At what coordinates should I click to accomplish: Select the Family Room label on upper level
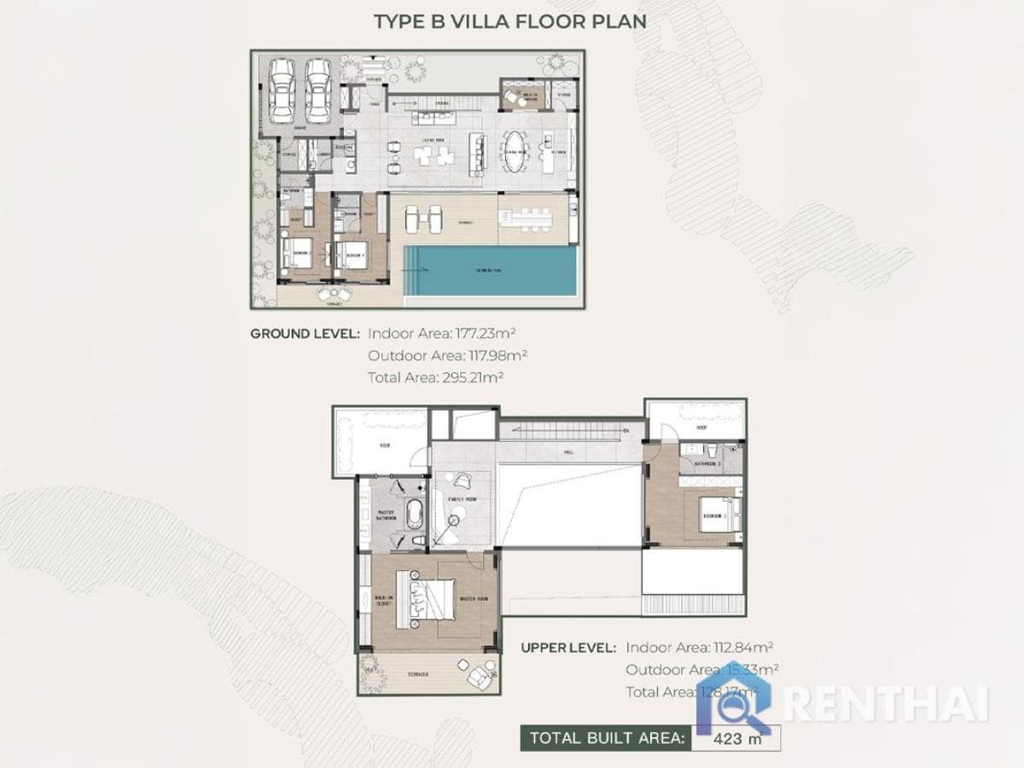click(x=462, y=499)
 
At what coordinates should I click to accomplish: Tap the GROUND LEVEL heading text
click(x=305, y=333)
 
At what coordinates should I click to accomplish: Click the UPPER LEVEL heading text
click(x=568, y=649)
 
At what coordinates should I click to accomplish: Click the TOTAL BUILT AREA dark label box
click(x=604, y=738)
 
